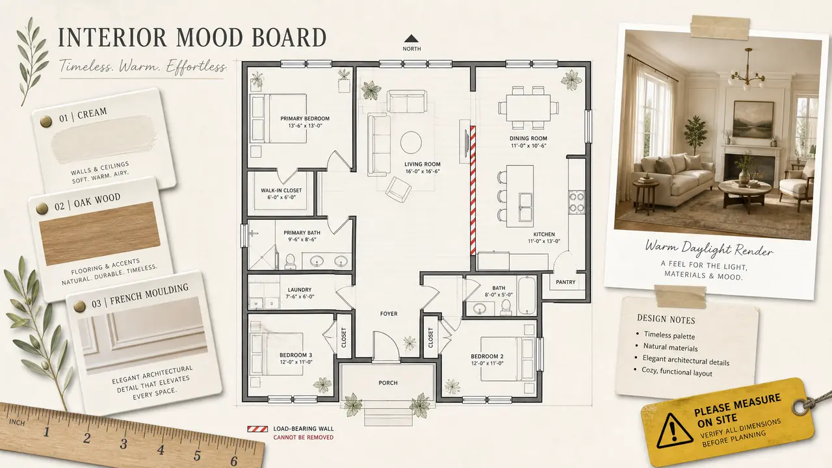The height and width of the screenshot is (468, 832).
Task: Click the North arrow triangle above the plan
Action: [411, 38]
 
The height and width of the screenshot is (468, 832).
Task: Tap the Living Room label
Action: [422, 164]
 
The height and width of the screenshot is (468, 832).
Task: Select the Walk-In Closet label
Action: [281, 190]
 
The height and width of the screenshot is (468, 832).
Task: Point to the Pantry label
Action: [565, 282]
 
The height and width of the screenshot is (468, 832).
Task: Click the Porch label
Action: [388, 383]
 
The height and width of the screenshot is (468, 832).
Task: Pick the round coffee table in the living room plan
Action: [411, 142]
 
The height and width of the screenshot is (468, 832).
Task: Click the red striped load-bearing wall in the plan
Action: [473, 190]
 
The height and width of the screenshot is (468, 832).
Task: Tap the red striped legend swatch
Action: [257, 429]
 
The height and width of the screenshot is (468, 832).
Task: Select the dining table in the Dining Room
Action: [528, 108]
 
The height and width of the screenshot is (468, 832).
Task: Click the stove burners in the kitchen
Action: [577, 202]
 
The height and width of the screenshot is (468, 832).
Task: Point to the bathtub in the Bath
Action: [526, 296]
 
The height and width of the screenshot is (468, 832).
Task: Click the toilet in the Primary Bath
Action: [290, 261]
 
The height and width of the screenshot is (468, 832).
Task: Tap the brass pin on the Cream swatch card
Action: [45, 121]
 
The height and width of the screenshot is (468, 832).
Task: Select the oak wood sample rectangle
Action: [99, 233]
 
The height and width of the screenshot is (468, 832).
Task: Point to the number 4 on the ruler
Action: [161, 450]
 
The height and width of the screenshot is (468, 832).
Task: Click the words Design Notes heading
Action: [666, 319]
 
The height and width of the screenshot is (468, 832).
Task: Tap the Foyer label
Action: [389, 314]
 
